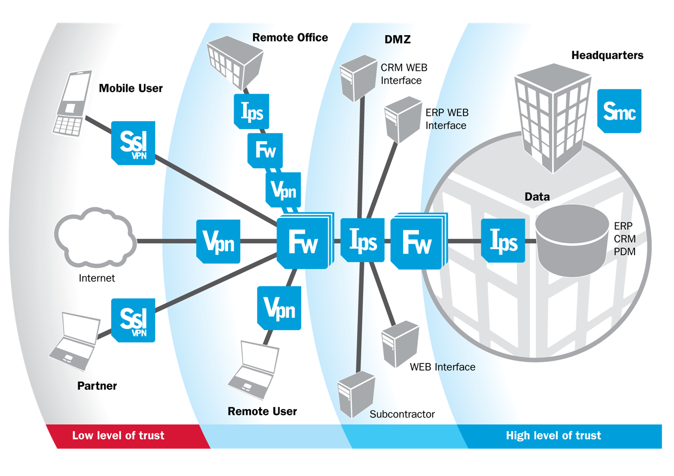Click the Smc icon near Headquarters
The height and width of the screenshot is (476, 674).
(x=619, y=111)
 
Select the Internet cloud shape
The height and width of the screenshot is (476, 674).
(x=95, y=239)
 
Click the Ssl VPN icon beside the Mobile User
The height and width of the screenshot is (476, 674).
(x=133, y=143)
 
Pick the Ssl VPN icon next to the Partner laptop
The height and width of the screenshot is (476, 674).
(x=133, y=320)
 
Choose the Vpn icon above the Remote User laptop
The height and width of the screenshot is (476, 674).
(x=279, y=308)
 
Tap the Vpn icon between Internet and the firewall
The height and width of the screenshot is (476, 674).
(x=219, y=241)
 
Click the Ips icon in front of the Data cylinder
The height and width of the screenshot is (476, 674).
(x=503, y=240)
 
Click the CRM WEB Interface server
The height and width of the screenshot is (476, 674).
(x=359, y=78)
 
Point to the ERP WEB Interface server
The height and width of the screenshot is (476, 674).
(x=403, y=119)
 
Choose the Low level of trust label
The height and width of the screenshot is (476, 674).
(x=118, y=436)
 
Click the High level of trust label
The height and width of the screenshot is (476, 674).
(x=553, y=436)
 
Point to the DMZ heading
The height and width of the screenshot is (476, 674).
(x=397, y=39)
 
